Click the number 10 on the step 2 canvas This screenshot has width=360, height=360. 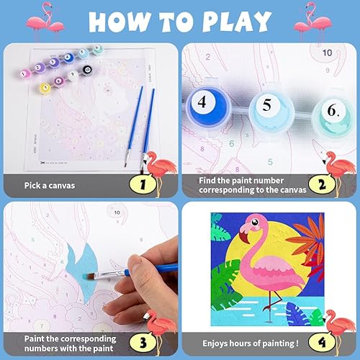[327, 53]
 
